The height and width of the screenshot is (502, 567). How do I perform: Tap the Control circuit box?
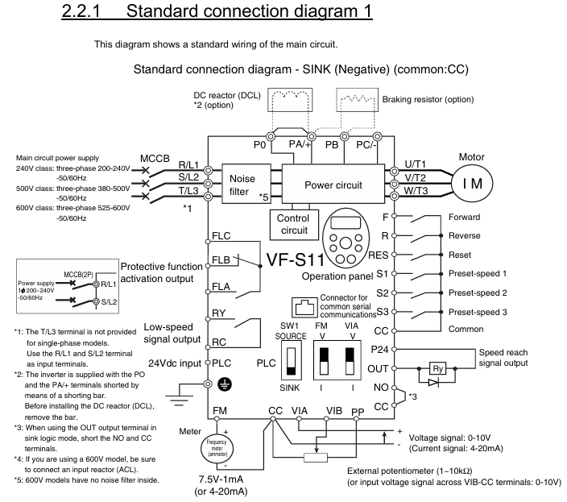click(292, 224)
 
